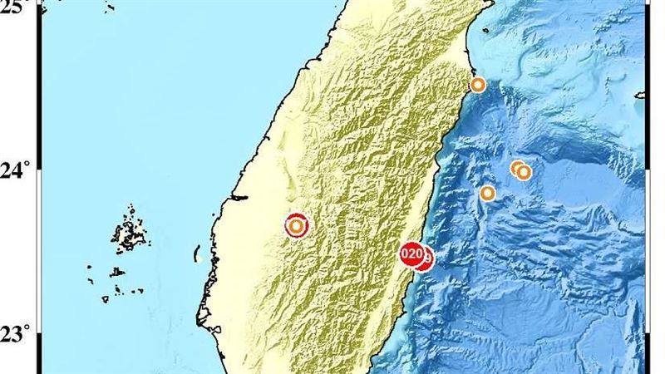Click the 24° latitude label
tap(17, 171)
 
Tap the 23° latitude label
tap(17, 334)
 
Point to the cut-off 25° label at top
tap(15, 4)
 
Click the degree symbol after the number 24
tap(27, 166)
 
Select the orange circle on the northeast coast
tap(478, 85)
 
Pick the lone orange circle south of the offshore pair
tap(488, 194)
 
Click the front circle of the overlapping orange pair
tap(524, 172)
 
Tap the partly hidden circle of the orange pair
tap(516, 169)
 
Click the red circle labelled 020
tap(411, 253)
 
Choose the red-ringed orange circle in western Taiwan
tap(296, 225)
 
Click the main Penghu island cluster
tap(128, 234)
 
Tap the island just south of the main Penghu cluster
tap(118, 271)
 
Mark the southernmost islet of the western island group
tap(106, 298)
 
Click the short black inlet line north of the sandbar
tap(239, 198)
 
